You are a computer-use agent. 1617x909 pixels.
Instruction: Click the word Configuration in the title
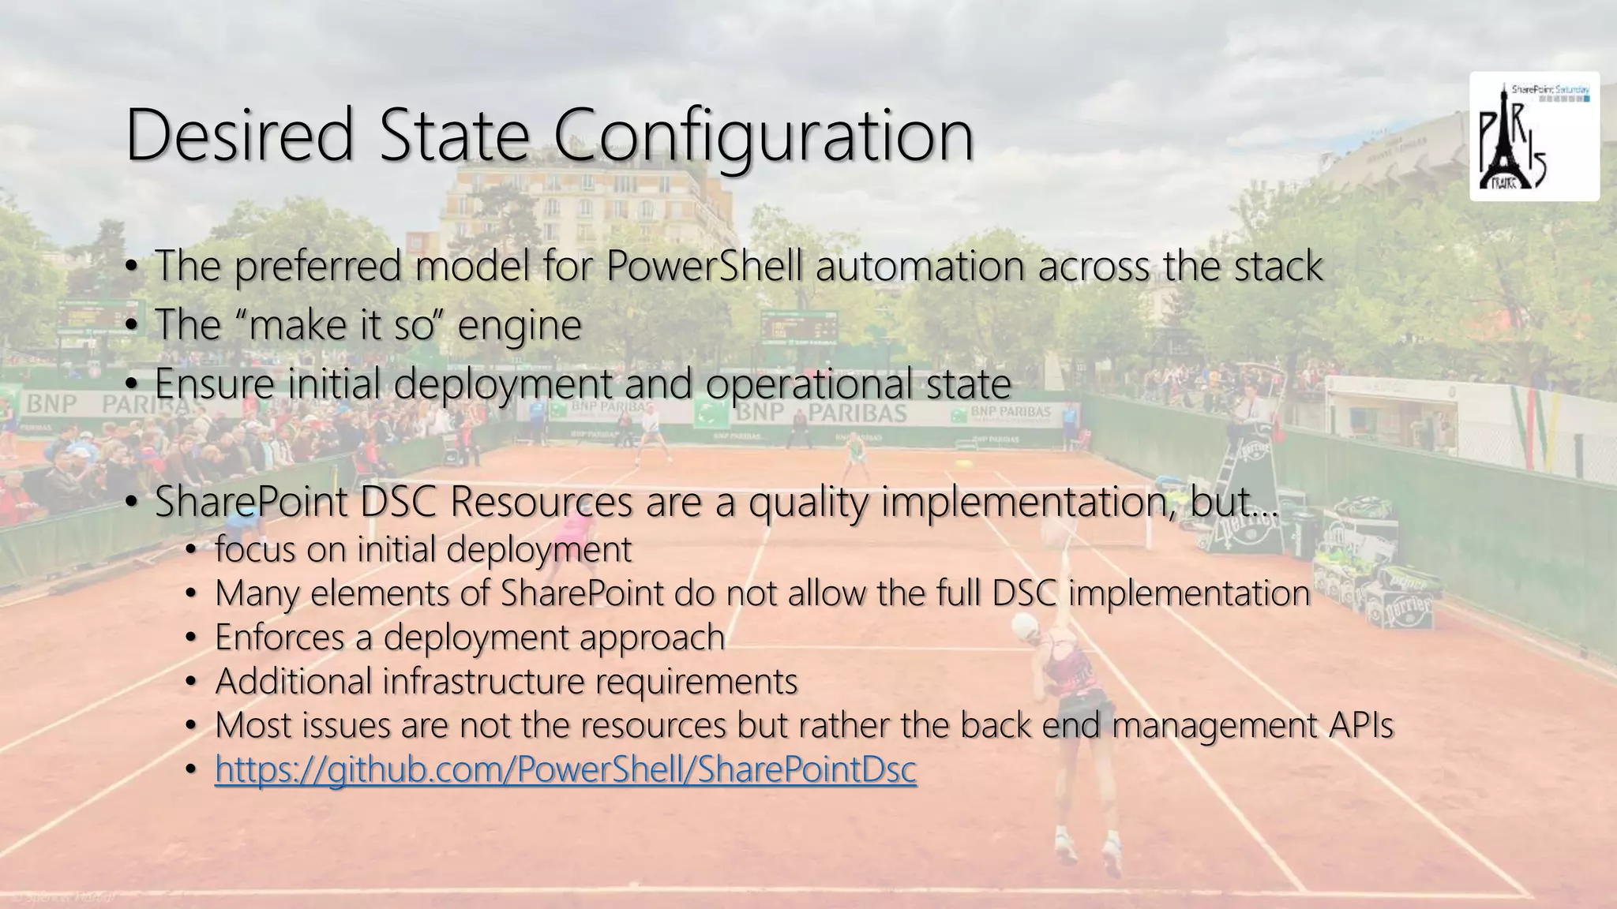point(763,136)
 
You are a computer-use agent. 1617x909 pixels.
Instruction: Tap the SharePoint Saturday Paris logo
point(1534,137)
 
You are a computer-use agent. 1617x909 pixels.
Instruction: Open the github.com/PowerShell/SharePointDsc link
point(565,769)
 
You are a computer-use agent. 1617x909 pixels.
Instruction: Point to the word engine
point(519,325)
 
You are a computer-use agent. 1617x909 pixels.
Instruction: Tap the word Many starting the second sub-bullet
point(257,593)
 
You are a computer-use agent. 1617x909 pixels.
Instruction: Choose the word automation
point(920,265)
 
